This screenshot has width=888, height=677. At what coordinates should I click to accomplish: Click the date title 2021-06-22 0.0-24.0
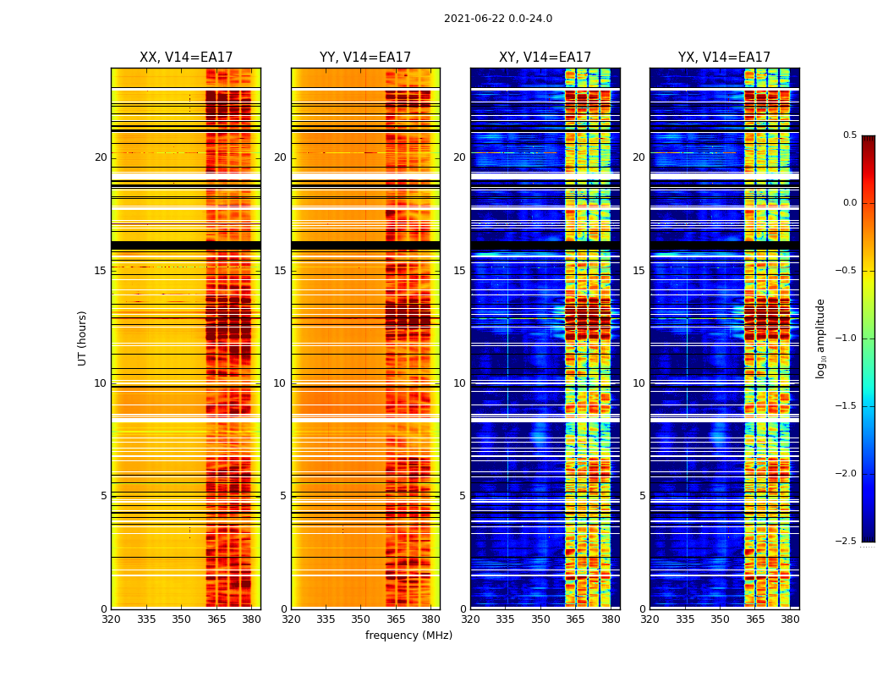[x=497, y=19]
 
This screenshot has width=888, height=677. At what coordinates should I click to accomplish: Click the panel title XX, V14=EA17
[x=186, y=58]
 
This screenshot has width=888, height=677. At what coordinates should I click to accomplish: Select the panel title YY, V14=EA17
[x=365, y=58]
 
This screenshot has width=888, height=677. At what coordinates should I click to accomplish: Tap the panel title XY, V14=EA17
[x=545, y=58]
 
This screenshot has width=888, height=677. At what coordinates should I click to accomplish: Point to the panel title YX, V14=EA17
[x=724, y=58]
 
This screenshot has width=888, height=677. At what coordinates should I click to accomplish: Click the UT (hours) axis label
[x=83, y=338]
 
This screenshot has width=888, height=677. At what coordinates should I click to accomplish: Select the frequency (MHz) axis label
[x=408, y=636]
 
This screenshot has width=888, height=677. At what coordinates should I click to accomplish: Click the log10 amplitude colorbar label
[x=820, y=338]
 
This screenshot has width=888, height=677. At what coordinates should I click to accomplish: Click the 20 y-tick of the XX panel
[x=101, y=157]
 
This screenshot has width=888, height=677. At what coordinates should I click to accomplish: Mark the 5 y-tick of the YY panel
[x=282, y=496]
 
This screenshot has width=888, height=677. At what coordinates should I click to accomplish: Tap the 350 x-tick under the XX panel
[x=181, y=619]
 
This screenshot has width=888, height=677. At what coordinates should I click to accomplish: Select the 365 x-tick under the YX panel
[x=755, y=619]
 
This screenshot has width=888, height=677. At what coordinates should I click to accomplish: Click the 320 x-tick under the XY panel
[x=470, y=619]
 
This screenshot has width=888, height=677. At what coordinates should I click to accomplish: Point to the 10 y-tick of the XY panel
[x=459, y=383]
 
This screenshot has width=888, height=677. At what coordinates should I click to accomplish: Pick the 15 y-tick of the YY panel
[x=280, y=271]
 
